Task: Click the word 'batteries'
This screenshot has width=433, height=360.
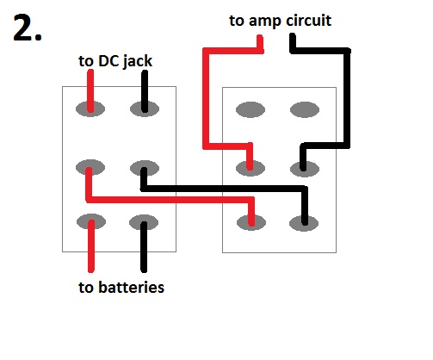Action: (133, 287)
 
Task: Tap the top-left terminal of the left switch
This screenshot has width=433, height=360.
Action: (90, 109)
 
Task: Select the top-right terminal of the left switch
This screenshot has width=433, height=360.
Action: (144, 109)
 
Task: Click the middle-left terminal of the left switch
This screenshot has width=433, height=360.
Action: (90, 166)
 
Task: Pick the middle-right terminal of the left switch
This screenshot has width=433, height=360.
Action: (144, 166)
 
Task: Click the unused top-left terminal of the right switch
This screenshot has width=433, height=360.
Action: (251, 110)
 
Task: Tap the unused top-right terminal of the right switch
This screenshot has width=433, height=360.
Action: (303, 110)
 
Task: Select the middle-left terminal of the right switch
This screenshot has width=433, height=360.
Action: (251, 166)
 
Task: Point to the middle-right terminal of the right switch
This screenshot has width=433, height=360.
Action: (303, 166)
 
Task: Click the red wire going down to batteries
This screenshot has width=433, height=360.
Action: (90, 250)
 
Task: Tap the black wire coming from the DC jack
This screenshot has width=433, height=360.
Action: (144, 86)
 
